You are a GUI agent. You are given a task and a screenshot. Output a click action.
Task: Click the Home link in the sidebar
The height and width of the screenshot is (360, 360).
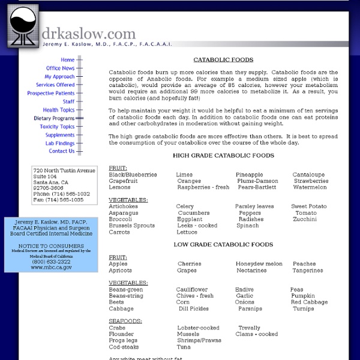click(67, 60)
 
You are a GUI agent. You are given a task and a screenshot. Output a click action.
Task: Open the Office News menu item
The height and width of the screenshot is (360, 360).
click(60, 68)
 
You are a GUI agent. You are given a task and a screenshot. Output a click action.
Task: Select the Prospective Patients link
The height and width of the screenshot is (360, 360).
click(51, 94)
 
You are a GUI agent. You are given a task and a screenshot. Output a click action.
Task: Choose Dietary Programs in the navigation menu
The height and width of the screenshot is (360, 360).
click(54, 119)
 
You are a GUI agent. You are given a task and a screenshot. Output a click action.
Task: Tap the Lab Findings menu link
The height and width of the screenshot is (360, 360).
click(60, 143)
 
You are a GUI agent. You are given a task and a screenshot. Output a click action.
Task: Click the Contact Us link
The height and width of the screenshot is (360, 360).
click(61, 151)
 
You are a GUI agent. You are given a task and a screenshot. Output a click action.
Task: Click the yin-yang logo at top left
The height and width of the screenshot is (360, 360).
click(23, 26)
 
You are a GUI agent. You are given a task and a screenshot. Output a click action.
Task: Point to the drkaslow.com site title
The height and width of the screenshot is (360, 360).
click(89, 34)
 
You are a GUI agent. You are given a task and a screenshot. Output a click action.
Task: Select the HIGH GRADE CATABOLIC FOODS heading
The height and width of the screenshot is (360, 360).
click(223, 156)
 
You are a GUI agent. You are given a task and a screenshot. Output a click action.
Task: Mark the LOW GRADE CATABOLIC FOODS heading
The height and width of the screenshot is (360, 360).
click(223, 245)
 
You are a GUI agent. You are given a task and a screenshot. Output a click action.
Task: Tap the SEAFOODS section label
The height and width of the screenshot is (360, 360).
click(125, 321)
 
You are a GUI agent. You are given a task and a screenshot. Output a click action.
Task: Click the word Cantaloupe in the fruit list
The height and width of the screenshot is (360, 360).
click(308, 175)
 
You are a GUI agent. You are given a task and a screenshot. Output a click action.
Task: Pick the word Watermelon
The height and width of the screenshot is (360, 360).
click(310, 187)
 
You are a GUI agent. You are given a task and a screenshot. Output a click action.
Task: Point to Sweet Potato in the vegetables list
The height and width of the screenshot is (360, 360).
click(310, 206)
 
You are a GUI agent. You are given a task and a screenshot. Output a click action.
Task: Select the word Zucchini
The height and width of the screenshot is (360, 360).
click(305, 220)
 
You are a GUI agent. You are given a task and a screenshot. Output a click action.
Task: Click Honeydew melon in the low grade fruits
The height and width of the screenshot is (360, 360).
click(259, 264)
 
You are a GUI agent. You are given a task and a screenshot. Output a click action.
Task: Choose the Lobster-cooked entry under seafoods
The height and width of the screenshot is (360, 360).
click(198, 328)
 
